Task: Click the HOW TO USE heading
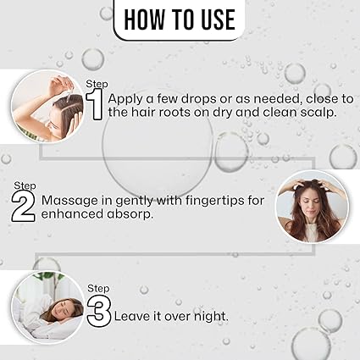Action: tap(180, 19)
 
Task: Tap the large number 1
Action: tap(95, 105)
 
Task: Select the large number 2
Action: tap(23, 204)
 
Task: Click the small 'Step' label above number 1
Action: tap(97, 83)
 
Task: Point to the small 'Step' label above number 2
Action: tap(24, 184)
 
